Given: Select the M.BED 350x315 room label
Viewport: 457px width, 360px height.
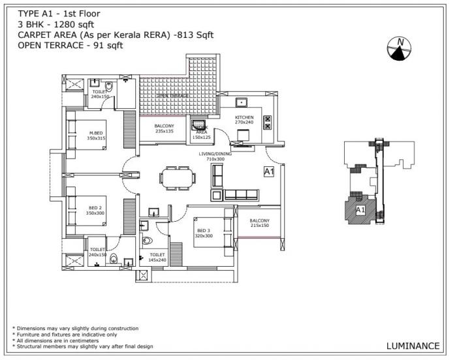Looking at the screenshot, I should [x=96, y=135].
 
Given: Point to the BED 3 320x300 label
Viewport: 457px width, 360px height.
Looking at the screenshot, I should [x=204, y=233].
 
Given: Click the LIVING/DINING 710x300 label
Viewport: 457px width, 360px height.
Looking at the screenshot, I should [x=215, y=157].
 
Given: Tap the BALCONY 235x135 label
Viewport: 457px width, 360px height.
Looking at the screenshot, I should [x=164, y=128].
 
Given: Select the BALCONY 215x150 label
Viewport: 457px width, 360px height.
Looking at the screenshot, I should [x=259, y=223].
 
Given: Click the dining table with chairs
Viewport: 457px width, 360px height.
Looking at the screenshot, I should [x=177, y=177].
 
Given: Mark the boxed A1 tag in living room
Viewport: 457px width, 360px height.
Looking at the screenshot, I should [x=268, y=172].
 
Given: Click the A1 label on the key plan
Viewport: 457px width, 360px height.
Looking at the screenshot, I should [x=360, y=209].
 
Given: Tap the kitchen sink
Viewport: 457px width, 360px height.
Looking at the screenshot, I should [x=241, y=102].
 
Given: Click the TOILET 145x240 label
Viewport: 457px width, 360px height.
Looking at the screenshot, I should [x=157, y=257].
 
